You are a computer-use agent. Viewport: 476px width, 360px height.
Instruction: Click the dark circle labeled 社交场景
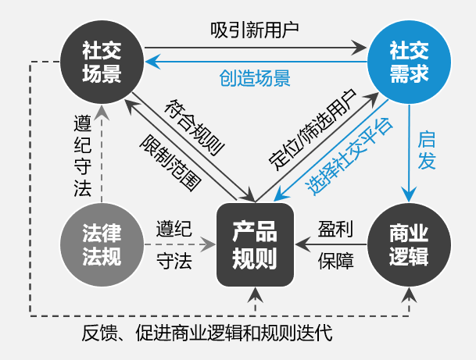[x=102, y=62]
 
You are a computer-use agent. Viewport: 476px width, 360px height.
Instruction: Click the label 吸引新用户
[x=255, y=29]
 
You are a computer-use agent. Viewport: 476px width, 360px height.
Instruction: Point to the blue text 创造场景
[x=255, y=78]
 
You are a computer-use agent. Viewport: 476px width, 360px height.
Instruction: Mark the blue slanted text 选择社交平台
[x=349, y=156]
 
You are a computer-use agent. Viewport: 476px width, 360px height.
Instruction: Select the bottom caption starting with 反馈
[x=206, y=334]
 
